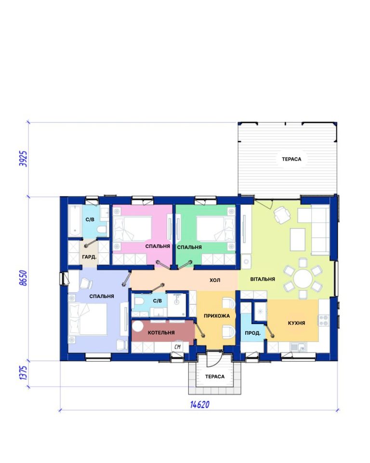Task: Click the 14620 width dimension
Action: click(x=200, y=404)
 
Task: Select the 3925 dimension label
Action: click(x=23, y=159)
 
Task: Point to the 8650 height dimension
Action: click(x=23, y=278)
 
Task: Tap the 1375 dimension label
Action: click(x=23, y=373)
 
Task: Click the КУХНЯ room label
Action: click(x=296, y=323)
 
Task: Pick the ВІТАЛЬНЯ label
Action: click(x=263, y=279)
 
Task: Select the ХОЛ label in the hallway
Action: click(x=215, y=280)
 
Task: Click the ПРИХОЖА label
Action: click(x=217, y=316)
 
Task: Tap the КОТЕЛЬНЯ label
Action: click(x=161, y=333)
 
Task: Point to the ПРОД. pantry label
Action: click(x=252, y=333)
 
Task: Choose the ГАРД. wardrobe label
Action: click(x=89, y=257)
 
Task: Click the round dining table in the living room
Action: click(x=303, y=278)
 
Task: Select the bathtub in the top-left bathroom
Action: click(x=75, y=221)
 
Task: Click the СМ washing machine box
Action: click(x=177, y=347)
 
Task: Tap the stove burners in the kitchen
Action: click(x=324, y=320)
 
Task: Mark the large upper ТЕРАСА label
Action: click(x=291, y=159)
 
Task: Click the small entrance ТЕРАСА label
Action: click(x=215, y=377)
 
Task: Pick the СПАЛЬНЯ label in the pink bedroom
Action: click(x=158, y=246)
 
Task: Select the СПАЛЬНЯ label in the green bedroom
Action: click(x=189, y=247)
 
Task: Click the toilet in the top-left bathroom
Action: click(x=102, y=230)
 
